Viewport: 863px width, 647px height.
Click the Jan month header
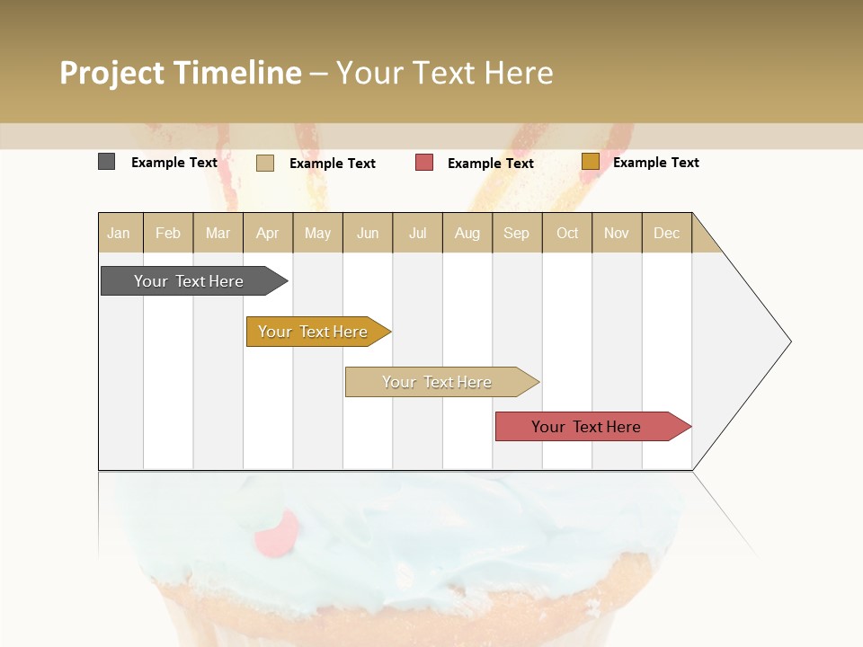[119, 233]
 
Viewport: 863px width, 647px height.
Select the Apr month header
[268, 233]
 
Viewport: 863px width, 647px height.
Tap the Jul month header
[418, 233]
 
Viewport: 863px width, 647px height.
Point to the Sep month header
[516, 233]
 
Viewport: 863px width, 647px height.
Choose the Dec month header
[666, 233]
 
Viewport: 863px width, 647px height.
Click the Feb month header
[168, 233]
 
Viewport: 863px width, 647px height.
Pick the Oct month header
[567, 233]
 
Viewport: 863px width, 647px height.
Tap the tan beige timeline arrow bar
[438, 382]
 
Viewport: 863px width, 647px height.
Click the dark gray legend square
[106, 162]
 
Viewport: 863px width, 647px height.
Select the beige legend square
[265, 163]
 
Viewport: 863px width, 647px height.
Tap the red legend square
[424, 163]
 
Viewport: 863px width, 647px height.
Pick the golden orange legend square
[590, 162]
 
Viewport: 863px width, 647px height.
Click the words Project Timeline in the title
[181, 73]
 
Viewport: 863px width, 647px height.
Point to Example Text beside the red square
[491, 164]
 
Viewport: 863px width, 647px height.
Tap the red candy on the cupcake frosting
[276, 534]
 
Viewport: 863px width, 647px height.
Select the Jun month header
[368, 233]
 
